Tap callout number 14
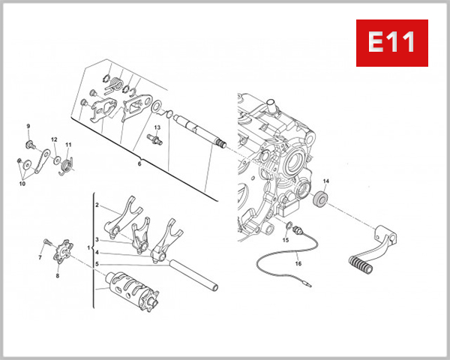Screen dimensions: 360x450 point(325,181)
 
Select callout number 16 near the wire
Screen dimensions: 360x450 point(298,264)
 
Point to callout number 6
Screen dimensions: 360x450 point(139,163)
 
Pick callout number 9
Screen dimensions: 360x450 point(28,126)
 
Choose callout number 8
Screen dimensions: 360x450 point(58,276)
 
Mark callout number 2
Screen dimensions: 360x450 point(97,204)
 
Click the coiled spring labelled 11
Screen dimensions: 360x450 point(65,162)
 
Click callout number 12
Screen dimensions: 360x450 point(54,139)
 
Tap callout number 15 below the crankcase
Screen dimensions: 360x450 point(285,240)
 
